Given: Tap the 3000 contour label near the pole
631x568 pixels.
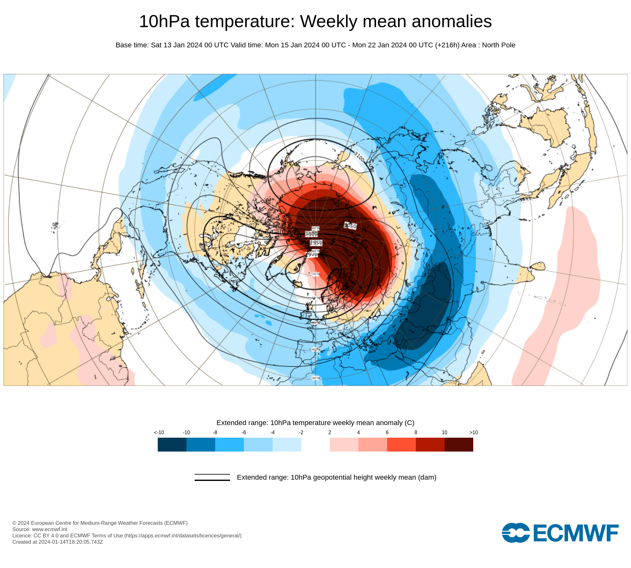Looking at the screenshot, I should click(311, 234).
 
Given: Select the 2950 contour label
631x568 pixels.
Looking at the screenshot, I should click(316, 243).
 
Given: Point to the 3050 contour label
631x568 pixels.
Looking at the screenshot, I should click(350, 226).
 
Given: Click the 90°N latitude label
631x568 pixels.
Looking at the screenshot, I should click(315, 228).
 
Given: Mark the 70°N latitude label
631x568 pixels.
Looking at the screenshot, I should click(315, 274).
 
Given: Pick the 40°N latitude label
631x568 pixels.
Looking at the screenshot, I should click(315, 349).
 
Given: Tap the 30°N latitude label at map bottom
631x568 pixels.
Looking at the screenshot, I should click(315, 378).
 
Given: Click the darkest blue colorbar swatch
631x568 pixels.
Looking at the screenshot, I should click(172, 445).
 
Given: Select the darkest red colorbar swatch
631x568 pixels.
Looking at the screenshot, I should click(459, 445).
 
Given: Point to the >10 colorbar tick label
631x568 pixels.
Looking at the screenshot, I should click(474, 433).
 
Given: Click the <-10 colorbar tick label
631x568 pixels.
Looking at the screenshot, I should click(159, 433).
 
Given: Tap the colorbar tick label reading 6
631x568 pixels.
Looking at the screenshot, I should click(387, 433).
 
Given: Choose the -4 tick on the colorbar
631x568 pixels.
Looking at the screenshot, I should click(272, 433).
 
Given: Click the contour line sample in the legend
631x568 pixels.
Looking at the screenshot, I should click(212, 477).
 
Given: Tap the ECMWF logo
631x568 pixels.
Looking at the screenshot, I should click(560, 533).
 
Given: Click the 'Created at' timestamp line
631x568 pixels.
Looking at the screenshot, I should click(58, 542).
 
